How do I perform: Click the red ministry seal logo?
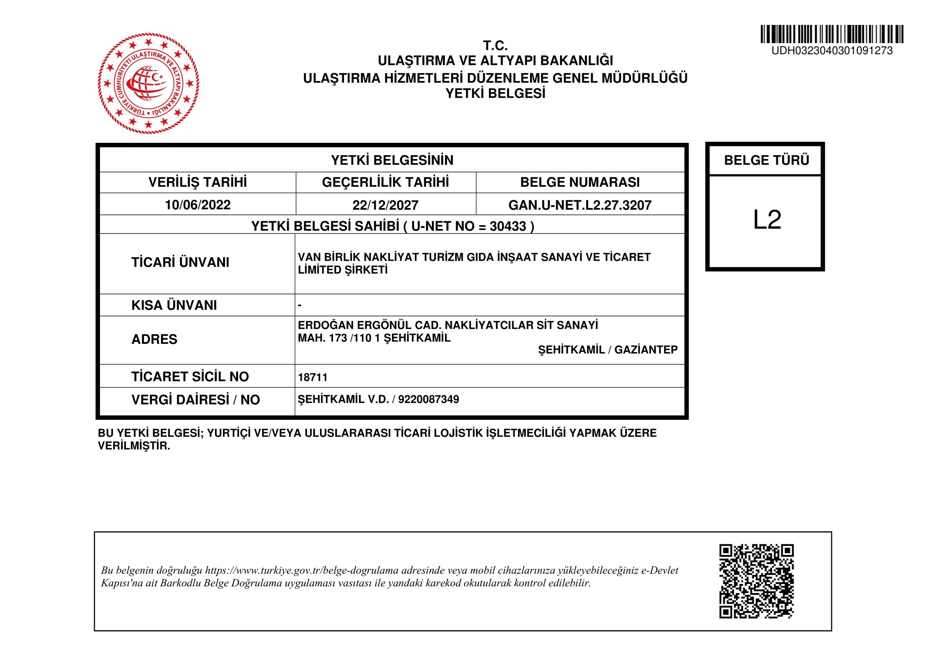148,83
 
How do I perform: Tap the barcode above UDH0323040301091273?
832,34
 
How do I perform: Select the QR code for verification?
756,581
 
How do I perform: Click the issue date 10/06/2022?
197,205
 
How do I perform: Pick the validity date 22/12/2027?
385,205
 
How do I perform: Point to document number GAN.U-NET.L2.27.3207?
580,205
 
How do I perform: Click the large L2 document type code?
767,220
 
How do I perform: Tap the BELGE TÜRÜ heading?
766,160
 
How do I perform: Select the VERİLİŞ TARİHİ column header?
197,182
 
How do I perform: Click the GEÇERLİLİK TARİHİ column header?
385,182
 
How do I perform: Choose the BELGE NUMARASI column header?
580,182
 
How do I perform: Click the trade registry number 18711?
313,377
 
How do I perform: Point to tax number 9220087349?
428,399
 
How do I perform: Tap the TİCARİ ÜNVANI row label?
180,262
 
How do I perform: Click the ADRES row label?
154,339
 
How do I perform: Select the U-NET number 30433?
508,226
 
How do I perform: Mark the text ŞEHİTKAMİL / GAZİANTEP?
607,350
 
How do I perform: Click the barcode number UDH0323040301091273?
832,51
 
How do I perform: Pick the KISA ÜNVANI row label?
174,305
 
